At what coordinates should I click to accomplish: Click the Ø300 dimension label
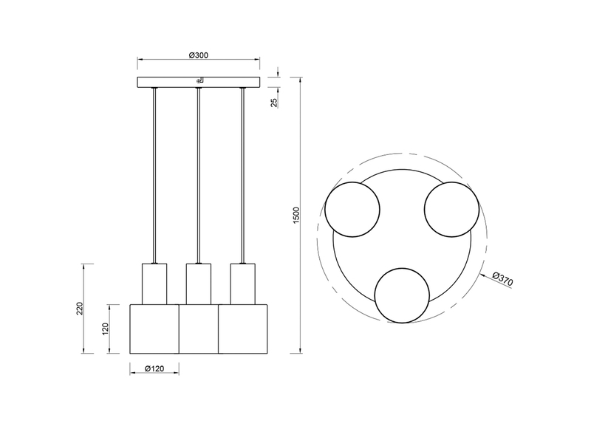[198, 55]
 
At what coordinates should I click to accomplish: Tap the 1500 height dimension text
[296, 215]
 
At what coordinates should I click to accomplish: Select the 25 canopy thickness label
[274, 103]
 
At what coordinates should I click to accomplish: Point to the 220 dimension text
[80, 309]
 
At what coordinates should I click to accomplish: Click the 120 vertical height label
[106, 329]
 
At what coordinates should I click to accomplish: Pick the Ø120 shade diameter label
[154, 368]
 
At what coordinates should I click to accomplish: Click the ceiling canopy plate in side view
[198, 82]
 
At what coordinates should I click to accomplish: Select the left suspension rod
[154, 176]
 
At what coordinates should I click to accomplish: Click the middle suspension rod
[198, 176]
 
